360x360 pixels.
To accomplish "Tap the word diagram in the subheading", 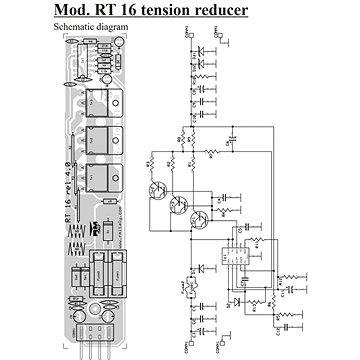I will (123, 29).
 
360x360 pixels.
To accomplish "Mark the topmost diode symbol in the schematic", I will (205, 46).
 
